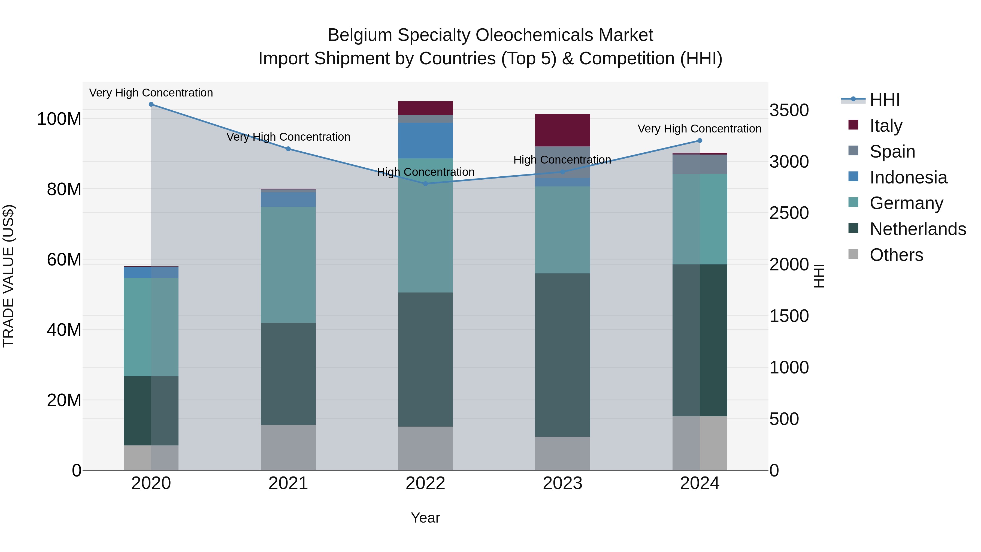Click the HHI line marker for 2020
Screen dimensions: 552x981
[151, 104]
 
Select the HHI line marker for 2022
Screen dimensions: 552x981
[425, 184]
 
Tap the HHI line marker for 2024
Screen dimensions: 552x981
[700, 141]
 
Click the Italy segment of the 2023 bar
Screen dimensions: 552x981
[562, 130]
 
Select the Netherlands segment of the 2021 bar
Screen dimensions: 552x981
[288, 374]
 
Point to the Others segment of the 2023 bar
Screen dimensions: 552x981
[562, 453]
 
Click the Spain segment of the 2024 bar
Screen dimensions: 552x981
[700, 164]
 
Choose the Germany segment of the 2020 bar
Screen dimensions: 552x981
[151, 327]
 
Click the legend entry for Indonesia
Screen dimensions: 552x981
[908, 177]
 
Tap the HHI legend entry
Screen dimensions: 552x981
[885, 100]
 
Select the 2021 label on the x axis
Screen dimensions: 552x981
[288, 483]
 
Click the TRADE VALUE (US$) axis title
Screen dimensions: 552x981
[8, 276]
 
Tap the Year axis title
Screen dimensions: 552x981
[425, 518]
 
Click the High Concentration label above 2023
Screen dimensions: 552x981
[562, 160]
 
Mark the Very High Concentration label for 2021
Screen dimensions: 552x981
[288, 137]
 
